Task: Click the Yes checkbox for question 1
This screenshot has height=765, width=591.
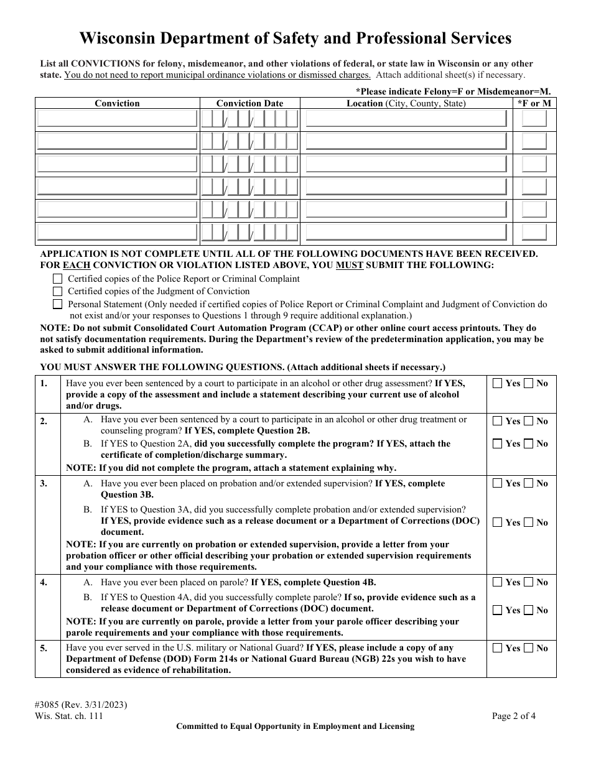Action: (497, 383)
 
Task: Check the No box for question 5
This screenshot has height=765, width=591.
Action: (528, 648)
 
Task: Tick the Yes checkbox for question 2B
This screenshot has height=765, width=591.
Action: (497, 443)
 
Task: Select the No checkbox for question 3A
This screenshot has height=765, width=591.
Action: (528, 483)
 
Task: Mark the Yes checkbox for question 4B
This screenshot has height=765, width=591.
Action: (497, 610)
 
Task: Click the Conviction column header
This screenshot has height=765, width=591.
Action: (117, 103)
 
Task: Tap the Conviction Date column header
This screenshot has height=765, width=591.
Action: (249, 103)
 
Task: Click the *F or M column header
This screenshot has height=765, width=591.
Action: (534, 103)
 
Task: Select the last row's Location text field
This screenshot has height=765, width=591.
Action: (406, 233)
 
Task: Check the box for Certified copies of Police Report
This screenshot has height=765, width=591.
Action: (58, 279)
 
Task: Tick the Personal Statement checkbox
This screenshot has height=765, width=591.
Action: (58, 304)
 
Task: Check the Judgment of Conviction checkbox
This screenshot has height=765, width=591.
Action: (58, 291)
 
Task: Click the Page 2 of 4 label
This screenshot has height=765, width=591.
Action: (513, 715)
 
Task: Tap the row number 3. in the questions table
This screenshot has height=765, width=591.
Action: (44, 483)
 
